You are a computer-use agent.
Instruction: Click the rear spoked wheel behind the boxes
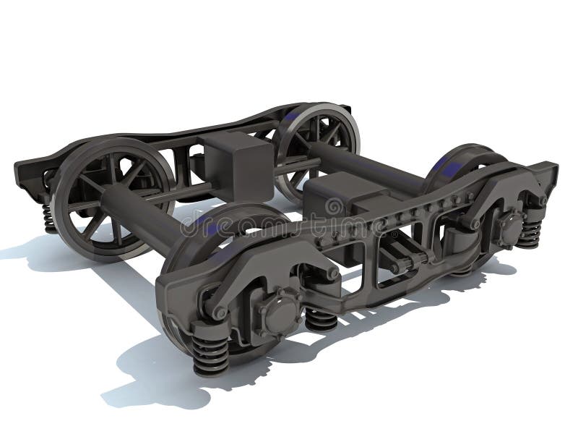point(318,145)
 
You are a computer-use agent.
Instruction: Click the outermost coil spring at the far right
point(531,231)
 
